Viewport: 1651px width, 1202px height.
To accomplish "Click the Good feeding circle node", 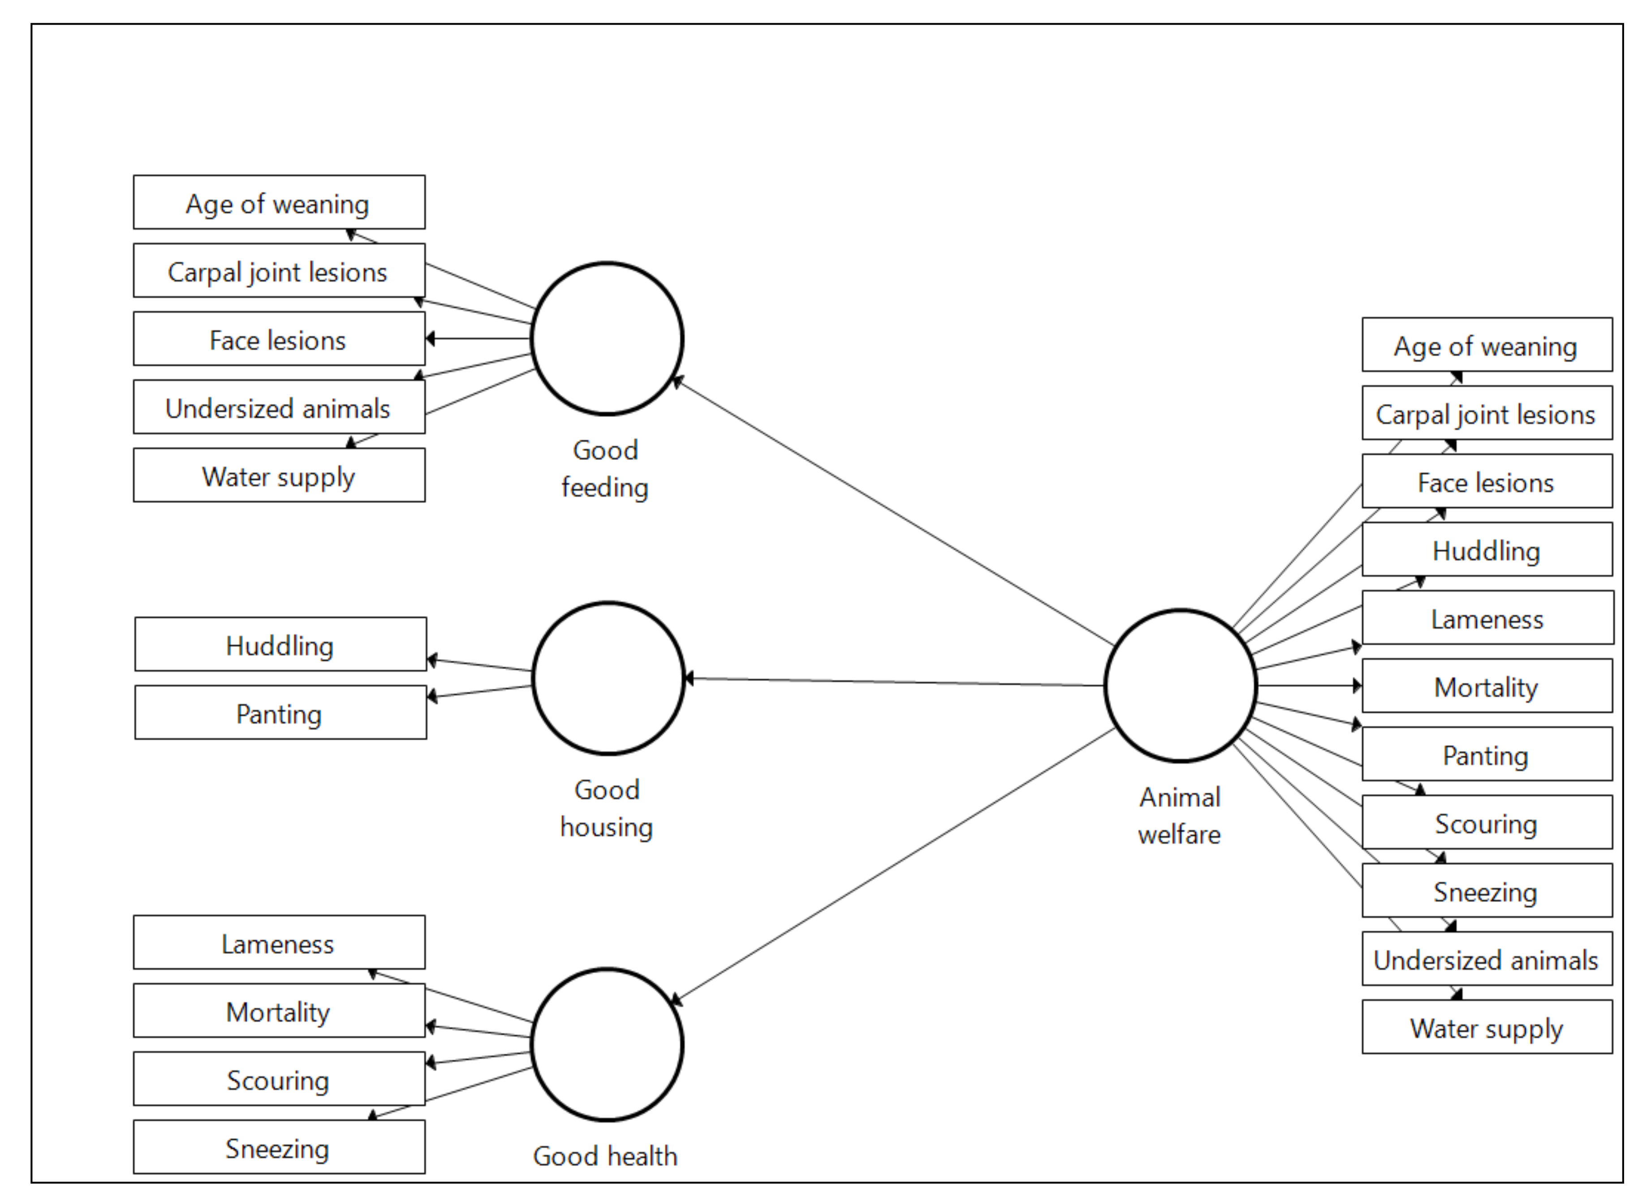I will point(607,339).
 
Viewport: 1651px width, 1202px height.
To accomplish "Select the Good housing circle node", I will point(608,678).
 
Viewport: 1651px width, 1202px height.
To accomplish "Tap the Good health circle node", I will point(607,1045).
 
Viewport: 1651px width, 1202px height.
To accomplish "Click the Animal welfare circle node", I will point(1180,685).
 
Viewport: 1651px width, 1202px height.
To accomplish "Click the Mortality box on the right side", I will point(1487,686).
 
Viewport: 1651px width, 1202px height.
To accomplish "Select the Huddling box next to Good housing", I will point(280,644).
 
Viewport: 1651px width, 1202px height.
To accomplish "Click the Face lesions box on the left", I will point(279,339).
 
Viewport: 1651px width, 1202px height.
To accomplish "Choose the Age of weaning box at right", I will point(1487,345).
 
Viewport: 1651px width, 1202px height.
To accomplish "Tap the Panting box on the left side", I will point(280,713).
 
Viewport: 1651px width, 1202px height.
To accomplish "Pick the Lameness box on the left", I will point(279,943).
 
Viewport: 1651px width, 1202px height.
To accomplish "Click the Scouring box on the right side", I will point(1487,823).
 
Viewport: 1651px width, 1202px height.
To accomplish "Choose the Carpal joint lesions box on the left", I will point(279,270).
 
